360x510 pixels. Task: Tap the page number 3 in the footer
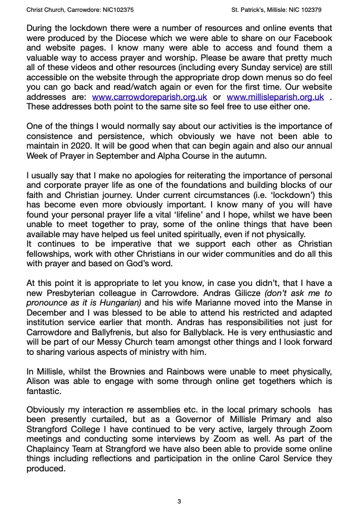tap(179, 502)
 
